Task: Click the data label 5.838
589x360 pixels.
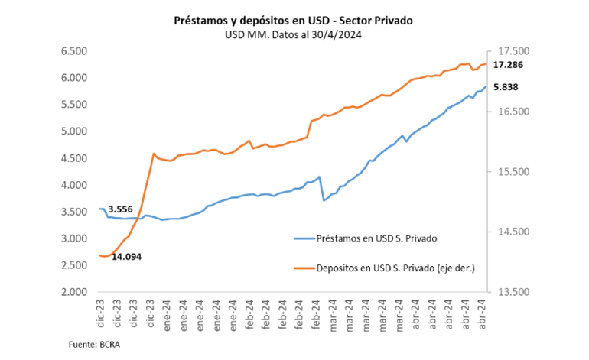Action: point(506,88)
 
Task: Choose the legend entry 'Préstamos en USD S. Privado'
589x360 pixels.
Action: point(376,238)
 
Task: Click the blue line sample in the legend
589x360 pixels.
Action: point(304,238)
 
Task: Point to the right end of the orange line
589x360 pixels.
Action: point(486,64)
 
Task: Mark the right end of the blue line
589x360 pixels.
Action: point(486,86)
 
